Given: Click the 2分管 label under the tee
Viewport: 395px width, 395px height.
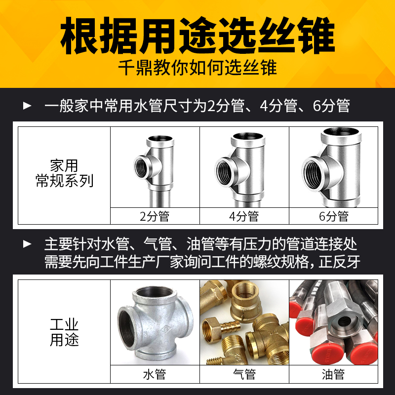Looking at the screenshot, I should tap(155, 216).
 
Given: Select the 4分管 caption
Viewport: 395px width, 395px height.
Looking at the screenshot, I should tap(244, 216).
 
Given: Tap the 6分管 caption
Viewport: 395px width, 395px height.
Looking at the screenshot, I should tap(334, 216).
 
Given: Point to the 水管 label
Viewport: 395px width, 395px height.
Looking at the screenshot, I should tap(155, 374).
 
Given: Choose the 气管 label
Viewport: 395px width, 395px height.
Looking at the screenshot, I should tap(244, 374).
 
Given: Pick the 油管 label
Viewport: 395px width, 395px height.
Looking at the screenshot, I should tap(334, 374).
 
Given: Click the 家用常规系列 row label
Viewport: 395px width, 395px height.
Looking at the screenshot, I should tap(64, 173).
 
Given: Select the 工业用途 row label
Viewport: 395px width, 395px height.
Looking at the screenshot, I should tap(64, 332).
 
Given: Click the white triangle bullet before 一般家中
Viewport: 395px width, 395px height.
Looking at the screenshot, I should tap(28, 106).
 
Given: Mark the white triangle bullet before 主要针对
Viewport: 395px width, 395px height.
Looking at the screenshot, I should tap(28, 243).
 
